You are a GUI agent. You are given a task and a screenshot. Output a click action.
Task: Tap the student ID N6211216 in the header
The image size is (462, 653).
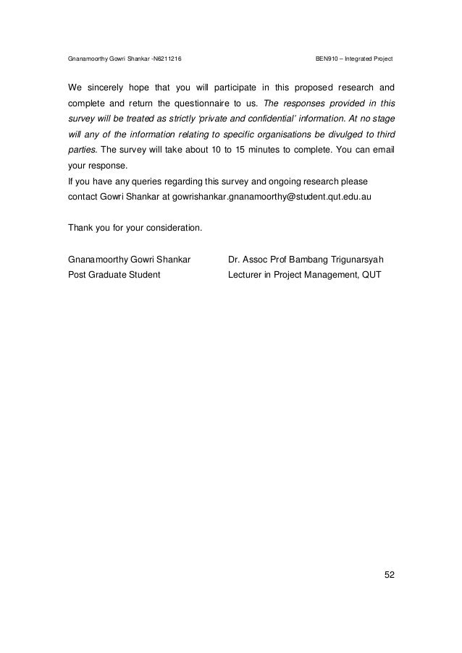[167, 58]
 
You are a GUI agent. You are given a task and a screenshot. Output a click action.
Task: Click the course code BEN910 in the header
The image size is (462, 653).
[329, 58]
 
